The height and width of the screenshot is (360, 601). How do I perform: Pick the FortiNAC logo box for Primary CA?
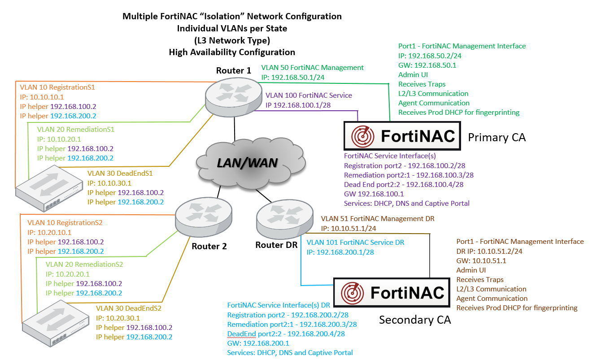point(402,136)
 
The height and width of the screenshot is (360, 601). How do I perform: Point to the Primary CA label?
point(496,137)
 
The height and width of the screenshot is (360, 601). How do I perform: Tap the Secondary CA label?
point(414,320)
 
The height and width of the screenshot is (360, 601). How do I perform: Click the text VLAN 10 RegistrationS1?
point(58,87)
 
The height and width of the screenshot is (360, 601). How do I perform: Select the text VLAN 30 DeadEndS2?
point(129,308)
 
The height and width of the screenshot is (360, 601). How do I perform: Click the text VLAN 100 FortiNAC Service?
point(309,95)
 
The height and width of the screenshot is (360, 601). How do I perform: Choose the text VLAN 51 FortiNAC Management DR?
point(378,219)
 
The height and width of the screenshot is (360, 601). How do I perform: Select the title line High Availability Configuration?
point(232,52)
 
